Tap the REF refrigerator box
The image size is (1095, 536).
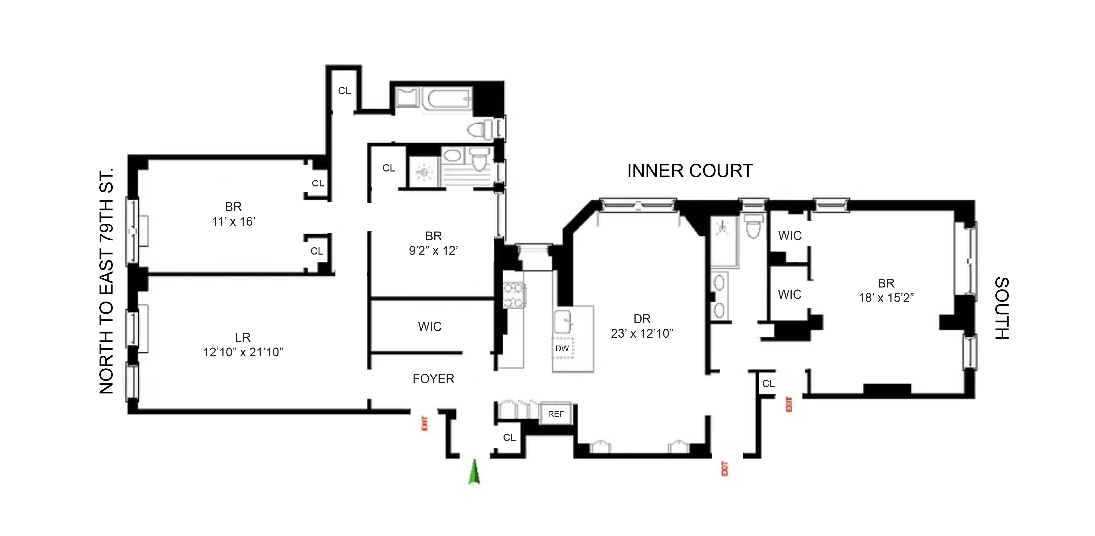pos(555,414)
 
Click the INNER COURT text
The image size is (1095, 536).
pos(690,171)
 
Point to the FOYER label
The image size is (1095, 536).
pos(433,379)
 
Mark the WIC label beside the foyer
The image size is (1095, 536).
pos(430,327)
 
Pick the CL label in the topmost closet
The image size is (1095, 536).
pos(344,90)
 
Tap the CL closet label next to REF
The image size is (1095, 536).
pos(509,437)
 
